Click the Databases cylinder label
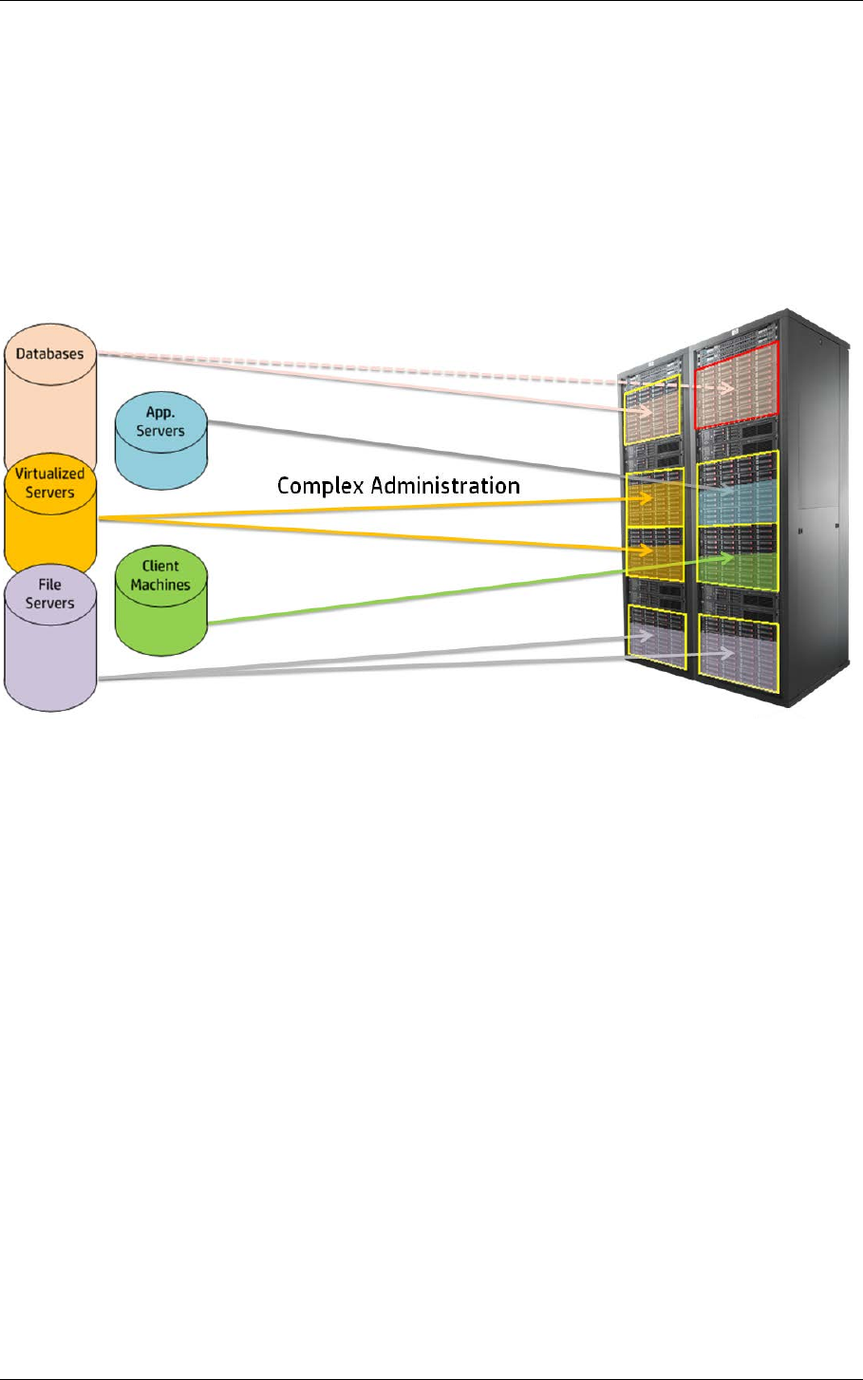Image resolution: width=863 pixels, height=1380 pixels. [x=50, y=354]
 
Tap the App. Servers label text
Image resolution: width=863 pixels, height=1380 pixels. [x=160, y=421]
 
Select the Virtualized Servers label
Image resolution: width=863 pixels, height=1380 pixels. [x=50, y=483]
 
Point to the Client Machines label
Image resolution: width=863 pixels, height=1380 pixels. [x=160, y=575]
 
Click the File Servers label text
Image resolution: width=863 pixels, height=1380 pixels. [x=50, y=594]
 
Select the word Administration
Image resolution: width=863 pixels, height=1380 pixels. [x=445, y=485]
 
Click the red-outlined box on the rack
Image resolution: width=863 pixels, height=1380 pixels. [x=737, y=385]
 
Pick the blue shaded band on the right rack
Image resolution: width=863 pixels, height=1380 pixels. [x=738, y=502]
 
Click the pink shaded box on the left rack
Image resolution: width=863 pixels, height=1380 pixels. [x=652, y=410]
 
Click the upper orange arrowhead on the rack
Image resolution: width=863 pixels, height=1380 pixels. [x=646, y=499]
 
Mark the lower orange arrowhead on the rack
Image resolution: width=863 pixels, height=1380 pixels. [x=646, y=550]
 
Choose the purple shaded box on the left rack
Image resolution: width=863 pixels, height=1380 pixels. [x=656, y=641]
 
